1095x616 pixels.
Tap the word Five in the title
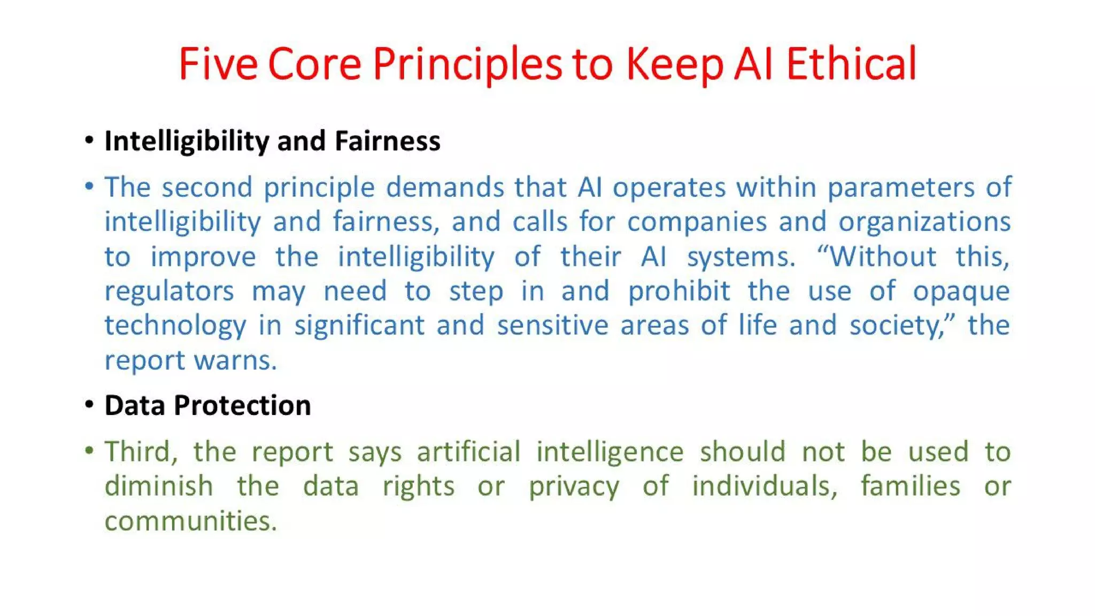tap(218, 64)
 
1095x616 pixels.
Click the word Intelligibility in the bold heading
tap(187, 141)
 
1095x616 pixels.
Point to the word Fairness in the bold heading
tap(387, 141)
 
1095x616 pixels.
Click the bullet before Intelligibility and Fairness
tap(89, 141)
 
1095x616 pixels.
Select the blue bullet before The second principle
tap(89, 186)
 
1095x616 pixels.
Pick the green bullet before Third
tap(89, 451)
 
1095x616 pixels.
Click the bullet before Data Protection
tap(89, 405)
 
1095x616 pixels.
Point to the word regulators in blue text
tap(169, 291)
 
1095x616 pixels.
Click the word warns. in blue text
tap(235, 360)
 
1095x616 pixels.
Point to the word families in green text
tap(910, 486)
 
